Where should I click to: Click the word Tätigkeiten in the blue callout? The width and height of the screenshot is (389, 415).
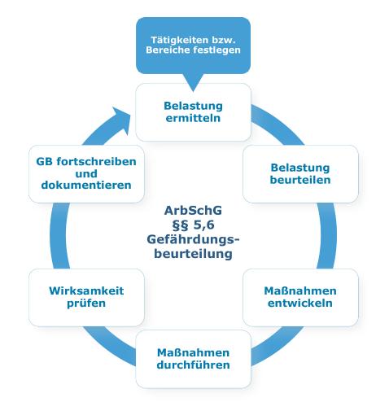[180, 40]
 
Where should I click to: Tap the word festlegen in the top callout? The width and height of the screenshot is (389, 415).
[216, 50]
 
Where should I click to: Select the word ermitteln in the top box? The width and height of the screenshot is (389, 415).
[193, 118]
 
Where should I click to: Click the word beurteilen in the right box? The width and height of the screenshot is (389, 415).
[300, 180]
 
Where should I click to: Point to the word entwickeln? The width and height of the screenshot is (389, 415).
[300, 303]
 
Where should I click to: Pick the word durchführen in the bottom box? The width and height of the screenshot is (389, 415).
[193, 365]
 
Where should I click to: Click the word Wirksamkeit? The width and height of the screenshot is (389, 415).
[86, 290]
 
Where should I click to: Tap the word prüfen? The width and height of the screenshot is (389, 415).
[86, 303]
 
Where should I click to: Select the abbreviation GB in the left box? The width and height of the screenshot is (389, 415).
[44, 162]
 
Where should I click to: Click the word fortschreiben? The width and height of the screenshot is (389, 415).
[96, 161]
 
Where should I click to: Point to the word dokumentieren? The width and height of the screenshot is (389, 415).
[86, 185]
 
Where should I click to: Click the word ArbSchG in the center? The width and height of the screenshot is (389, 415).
[193, 211]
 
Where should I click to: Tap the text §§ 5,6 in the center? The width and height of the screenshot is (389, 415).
[193, 225]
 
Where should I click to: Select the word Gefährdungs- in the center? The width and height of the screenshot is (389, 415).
[193, 239]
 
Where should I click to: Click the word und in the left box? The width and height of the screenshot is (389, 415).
[86, 173]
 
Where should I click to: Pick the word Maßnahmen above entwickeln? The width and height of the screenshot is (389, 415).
[300, 290]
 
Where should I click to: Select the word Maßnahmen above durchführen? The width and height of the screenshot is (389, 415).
[193, 352]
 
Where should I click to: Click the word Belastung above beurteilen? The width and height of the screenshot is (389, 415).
[300, 168]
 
